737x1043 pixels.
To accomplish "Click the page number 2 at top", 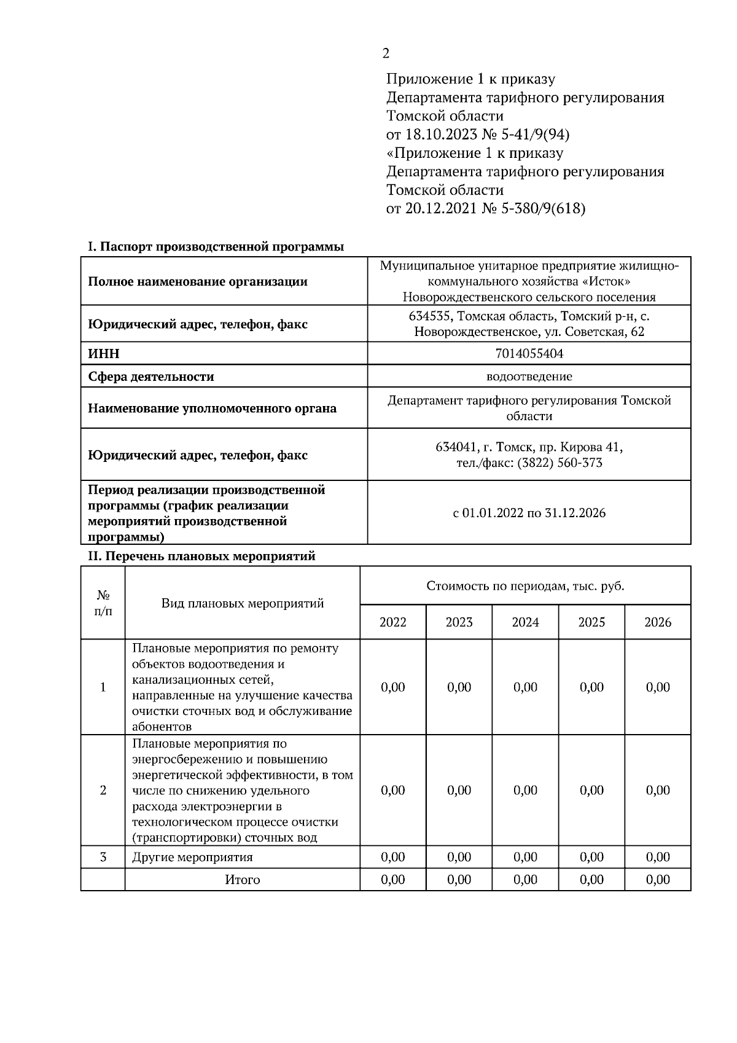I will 385,53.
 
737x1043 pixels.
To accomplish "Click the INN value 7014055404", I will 529,354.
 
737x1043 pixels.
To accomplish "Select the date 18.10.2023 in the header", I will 441,135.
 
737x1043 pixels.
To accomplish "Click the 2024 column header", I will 525,622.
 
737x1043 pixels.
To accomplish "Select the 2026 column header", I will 658,622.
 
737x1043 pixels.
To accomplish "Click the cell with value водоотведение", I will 529,377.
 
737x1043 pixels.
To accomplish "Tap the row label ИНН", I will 104,354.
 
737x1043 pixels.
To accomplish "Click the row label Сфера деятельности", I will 151,377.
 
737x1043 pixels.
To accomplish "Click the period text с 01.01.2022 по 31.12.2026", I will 529,513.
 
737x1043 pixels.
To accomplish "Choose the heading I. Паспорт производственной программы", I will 216,247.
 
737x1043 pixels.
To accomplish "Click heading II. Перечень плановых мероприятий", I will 201,557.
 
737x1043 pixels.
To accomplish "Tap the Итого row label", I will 242,880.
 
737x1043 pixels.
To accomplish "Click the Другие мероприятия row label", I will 192,857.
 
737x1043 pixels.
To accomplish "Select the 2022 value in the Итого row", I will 392,880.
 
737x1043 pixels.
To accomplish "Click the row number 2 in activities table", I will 103,791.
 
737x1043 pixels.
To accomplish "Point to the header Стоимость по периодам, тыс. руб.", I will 525,586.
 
